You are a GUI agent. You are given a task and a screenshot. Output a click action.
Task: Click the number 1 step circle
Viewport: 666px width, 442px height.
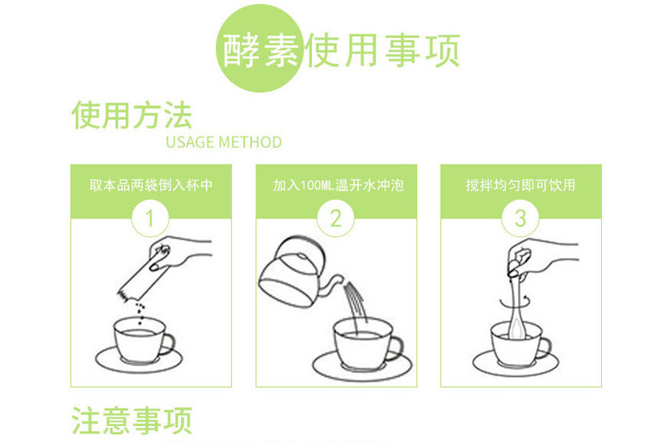click(x=150, y=218)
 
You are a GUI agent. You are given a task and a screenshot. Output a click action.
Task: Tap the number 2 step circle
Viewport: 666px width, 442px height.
click(x=336, y=218)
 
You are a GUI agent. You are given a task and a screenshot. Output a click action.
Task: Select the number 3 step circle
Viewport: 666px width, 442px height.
click(x=520, y=218)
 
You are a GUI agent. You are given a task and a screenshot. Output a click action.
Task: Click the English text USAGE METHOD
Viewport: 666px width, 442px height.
click(x=223, y=142)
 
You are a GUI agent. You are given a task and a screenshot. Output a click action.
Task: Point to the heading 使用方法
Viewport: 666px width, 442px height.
click(x=132, y=116)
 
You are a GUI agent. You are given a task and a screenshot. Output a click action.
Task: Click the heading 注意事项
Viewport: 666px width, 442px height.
click(x=132, y=420)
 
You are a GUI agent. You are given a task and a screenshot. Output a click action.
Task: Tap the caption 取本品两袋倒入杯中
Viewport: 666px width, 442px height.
click(x=151, y=186)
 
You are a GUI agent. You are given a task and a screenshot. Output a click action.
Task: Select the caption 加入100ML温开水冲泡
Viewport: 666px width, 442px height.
click(x=338, y=186)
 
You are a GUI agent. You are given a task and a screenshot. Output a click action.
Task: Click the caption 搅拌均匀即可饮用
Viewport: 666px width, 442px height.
click(x=520, y=186)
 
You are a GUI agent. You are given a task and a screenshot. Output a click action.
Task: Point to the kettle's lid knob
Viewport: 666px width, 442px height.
click(x=302, y=256)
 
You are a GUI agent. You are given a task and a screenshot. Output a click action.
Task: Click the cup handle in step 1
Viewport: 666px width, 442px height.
click(x=167, y=343)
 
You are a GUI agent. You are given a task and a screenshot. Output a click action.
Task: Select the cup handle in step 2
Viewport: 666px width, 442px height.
click(x=395, y=348)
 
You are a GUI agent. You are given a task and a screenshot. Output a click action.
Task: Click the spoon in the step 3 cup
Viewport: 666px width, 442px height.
click(x=518, y=307)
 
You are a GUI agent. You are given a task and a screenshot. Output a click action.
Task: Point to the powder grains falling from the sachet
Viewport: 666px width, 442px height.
click(x=140, y=313)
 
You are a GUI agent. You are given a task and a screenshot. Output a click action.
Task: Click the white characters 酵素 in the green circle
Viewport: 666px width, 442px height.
click(x=260, y=50)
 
